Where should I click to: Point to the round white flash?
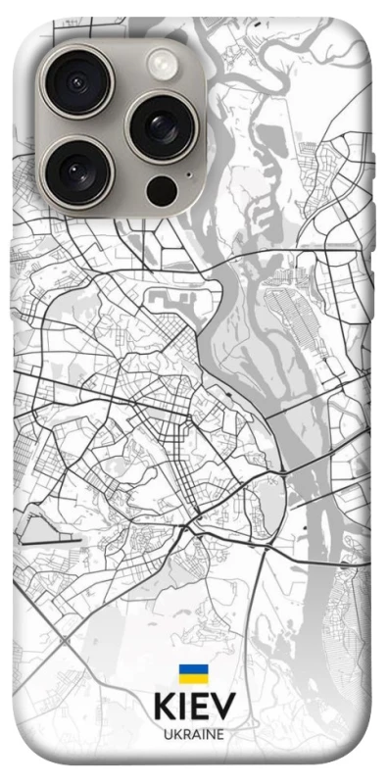tap(160, 66)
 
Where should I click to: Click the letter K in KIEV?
tap(163, 707)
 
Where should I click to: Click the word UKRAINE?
tap(193, 733)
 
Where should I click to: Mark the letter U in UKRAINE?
tap(167, 733)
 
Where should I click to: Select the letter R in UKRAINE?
tap(185, 733)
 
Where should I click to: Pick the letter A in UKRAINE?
tap(194, 733)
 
